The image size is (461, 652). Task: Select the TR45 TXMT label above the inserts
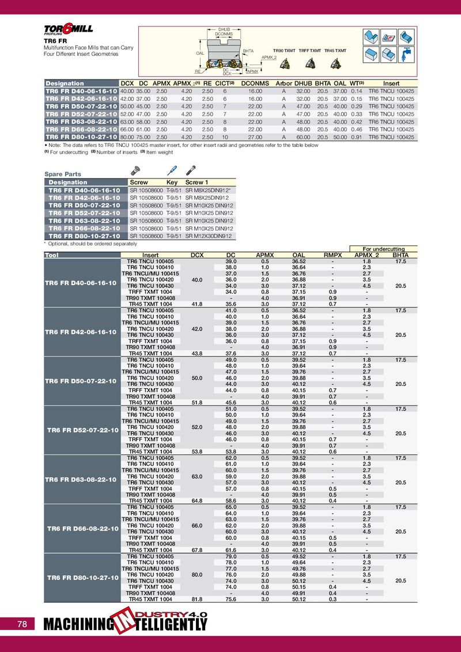(335, 51)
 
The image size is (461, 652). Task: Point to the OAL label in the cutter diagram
(200, 52)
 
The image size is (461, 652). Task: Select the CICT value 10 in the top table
(225, 138)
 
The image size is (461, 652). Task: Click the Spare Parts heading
(63, 174)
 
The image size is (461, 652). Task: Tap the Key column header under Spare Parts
(172, 182)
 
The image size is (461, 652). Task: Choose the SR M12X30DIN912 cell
(209, 236)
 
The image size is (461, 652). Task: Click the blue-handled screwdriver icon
(171, 170)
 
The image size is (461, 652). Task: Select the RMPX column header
(332, 255)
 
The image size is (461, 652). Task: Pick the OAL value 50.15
(298, 586)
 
